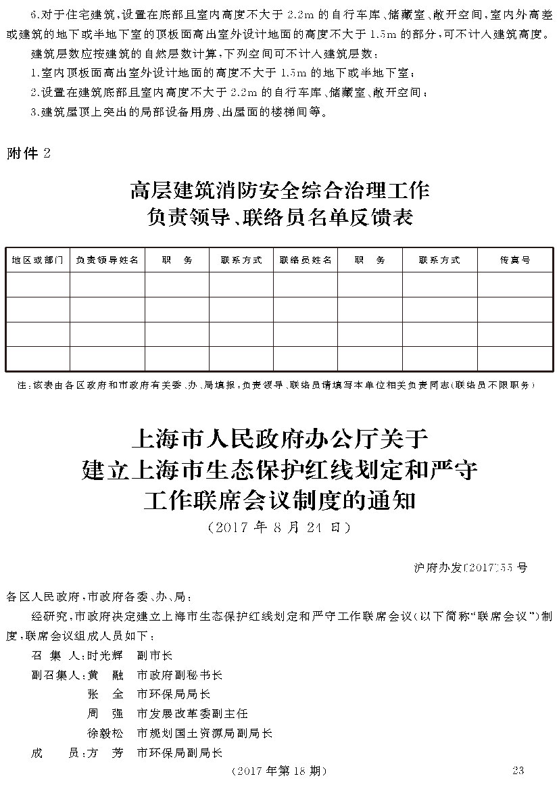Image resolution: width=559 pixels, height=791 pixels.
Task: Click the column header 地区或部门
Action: [38, 260]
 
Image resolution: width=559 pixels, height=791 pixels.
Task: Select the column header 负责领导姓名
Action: [107, 260]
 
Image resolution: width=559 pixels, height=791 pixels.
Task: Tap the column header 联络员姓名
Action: [306, 260]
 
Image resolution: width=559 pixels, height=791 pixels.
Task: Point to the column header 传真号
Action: [515, 260]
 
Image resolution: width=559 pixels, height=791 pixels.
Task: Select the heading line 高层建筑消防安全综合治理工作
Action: [279, 190]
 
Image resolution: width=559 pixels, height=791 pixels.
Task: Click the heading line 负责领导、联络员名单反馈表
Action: [279, 218]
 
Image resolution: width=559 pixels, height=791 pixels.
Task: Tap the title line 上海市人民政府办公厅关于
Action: [279, 439]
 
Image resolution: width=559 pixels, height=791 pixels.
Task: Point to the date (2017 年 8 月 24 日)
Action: [279, 527]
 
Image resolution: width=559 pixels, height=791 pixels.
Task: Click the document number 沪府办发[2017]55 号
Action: [469, 567]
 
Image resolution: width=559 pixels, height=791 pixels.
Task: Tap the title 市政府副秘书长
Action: [179, 675]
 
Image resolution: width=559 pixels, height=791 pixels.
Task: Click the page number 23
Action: [518, 771]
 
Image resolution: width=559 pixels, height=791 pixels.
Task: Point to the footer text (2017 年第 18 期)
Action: [278, 771]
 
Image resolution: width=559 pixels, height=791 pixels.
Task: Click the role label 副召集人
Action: [57, 675]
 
